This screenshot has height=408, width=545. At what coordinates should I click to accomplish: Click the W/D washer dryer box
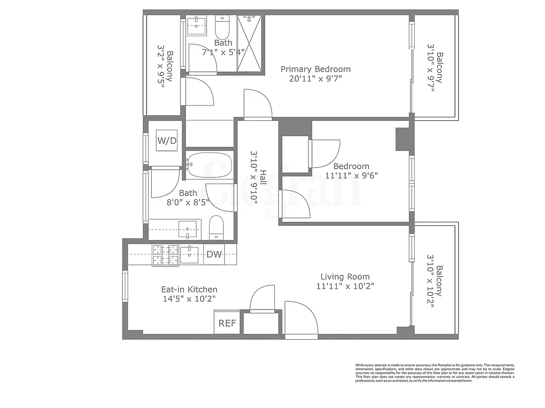pos(167,141)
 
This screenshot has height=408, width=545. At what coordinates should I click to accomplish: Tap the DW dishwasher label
pos(214,255)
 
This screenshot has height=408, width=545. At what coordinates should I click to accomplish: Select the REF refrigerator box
pos(227,323)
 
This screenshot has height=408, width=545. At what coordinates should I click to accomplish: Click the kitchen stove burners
pos(165,255)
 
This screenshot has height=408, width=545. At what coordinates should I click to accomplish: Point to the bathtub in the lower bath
pos(209,165)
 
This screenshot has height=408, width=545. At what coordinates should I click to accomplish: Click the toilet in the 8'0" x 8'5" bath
pos(217,227)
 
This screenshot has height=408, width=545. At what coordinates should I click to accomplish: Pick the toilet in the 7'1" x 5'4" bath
pos(223,25)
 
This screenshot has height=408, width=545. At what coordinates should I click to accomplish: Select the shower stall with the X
pos(250,43)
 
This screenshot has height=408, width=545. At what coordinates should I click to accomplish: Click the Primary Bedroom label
pos(315,69)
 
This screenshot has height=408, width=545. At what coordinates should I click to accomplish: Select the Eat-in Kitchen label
pos(189,289)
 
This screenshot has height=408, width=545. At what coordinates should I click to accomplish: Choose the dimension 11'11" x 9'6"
pos(351,175)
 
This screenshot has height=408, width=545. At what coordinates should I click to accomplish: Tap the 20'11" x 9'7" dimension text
pos(315,79)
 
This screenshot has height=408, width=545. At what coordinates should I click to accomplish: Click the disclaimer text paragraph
pos(435,373)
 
